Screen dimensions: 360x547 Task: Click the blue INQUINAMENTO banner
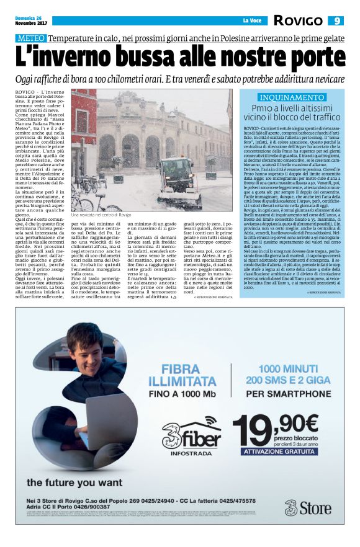coord(292,97)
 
